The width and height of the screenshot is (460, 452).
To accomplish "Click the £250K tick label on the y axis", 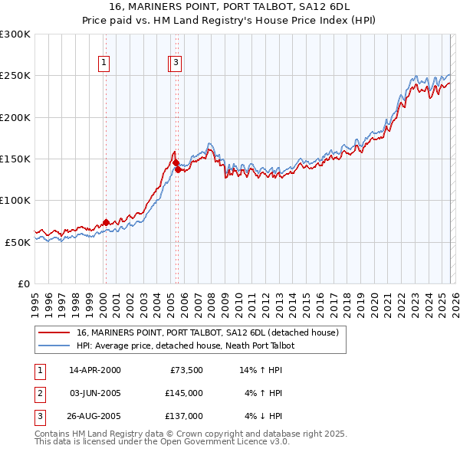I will tap(15, 76).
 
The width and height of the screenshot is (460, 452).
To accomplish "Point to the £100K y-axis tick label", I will tap(15, 200).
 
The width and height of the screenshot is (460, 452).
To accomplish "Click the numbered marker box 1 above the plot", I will tap(103, 64).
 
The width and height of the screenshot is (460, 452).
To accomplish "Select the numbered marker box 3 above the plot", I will tap(176, 64).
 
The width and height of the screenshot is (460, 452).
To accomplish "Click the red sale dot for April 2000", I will tap(106, 223).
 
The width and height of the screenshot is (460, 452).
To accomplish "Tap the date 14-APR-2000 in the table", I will tap(94, 370).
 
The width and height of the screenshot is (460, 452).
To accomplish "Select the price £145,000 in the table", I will tap(183, 393).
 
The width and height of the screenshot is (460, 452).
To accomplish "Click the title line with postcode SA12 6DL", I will tap(229, 7).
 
